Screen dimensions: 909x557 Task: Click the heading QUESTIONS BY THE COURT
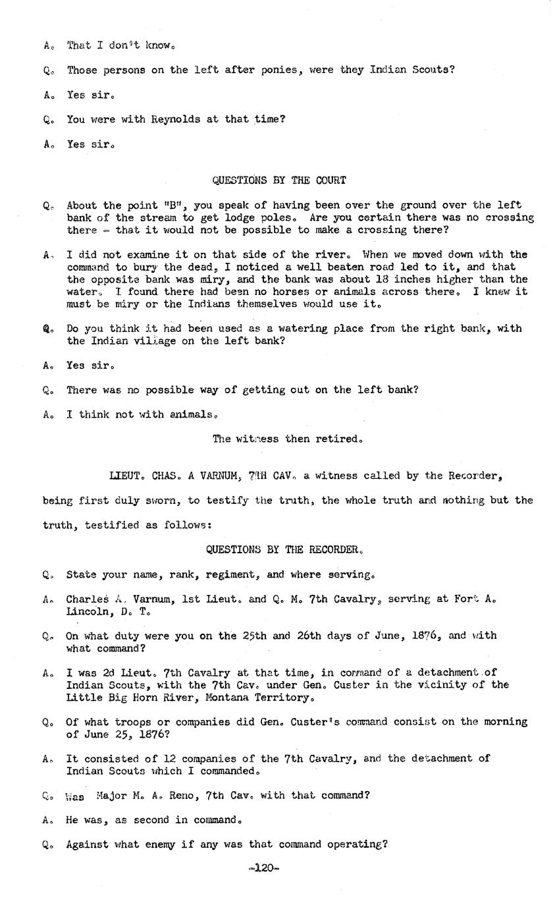[278, 180]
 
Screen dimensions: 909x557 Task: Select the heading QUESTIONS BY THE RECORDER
[284, 549]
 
